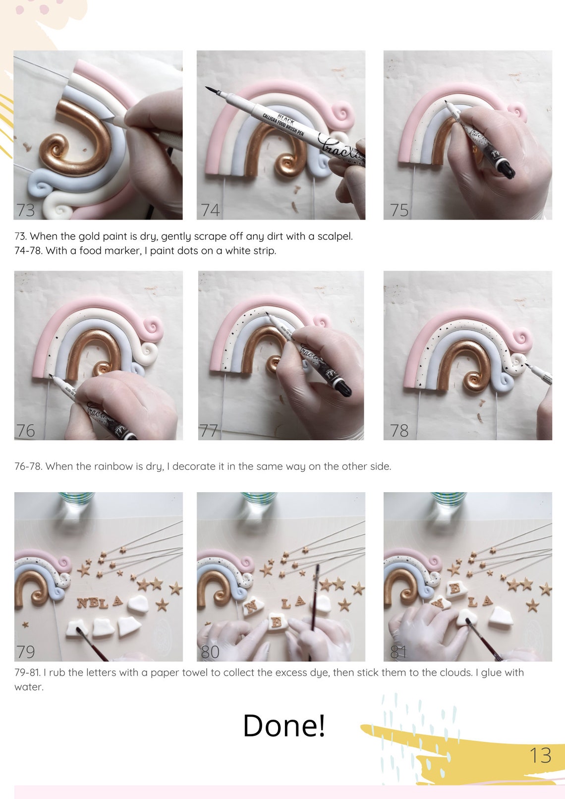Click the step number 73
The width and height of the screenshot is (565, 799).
[26, 210]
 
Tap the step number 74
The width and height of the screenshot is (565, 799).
[210, 210]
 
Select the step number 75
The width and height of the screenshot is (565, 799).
[399, 210]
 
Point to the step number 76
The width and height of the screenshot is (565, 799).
[26, 430]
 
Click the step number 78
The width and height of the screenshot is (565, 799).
[399, 430]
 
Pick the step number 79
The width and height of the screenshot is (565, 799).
[26, 651]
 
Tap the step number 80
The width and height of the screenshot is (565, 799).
[210, 651]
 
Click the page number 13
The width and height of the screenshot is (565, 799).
[540, 755]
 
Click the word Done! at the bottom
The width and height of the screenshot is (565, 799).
[284, 726]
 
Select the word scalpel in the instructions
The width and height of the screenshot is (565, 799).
[335, 236]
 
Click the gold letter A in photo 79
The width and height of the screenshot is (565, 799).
[117, 601]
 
